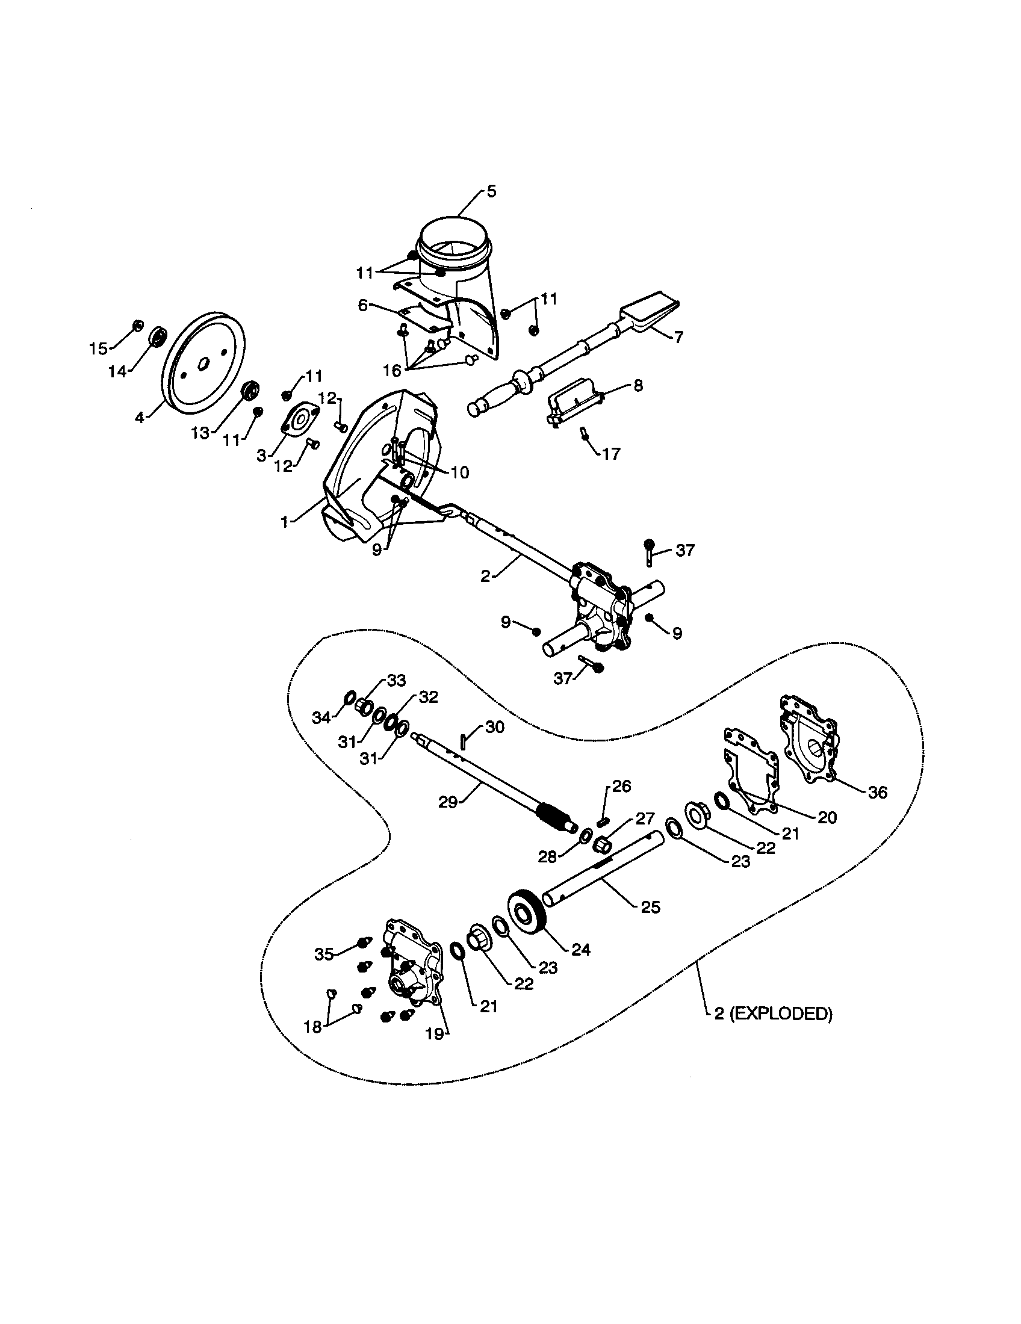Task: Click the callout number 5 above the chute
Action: click(491, 191)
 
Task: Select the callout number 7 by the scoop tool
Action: click(678, 337)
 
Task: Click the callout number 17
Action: click(611, 454)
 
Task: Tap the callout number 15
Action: click(98, 348)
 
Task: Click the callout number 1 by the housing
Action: click(284, 522)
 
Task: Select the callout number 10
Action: click(460, 472)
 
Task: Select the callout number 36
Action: click(877, 792)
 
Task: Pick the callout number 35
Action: click(324, 954)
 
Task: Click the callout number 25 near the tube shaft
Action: click(650, 908)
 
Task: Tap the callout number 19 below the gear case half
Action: click(435, 1033)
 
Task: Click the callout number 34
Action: click(321, 718)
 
